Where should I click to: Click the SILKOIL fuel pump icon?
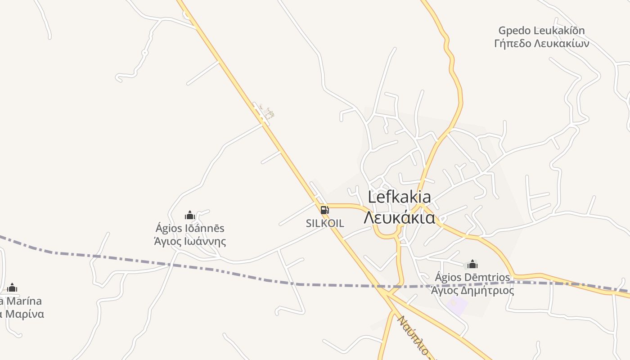(324, 210)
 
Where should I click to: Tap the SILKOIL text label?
(325, 223)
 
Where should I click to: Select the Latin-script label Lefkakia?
(399, 197)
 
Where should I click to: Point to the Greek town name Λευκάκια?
(399, 218)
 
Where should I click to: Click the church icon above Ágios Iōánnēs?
(190, 216)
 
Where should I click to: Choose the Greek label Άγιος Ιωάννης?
(190, 242)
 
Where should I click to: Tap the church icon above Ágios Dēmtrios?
(472, 264)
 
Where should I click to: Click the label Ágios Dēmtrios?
(472, 277)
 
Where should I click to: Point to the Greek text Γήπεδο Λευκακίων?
(541, 44)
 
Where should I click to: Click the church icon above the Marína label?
(12, 288)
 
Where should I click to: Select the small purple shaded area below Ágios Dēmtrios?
(457, 305)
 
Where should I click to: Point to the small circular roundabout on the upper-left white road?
(144, 53)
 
